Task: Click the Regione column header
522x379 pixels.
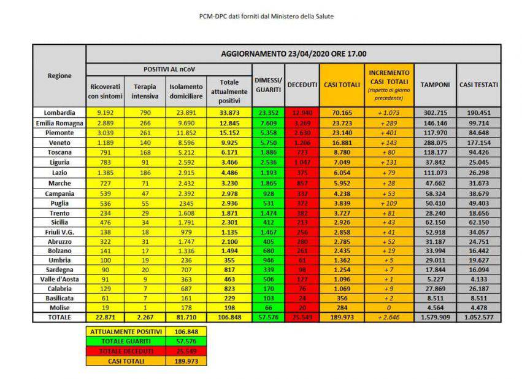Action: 59,76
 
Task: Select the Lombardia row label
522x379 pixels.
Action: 59,112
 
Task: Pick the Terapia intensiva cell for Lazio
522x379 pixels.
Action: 145,173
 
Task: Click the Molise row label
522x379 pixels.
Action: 59,307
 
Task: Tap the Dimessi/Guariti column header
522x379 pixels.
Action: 268,85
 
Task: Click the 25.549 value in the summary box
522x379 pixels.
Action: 186,350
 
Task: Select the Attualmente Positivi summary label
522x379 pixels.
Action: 125,330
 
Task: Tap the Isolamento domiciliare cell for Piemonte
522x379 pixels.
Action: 186,132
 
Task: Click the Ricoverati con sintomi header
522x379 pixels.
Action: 105,91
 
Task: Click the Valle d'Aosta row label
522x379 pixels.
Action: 59,278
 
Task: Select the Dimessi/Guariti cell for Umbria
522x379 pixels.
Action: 268,259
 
